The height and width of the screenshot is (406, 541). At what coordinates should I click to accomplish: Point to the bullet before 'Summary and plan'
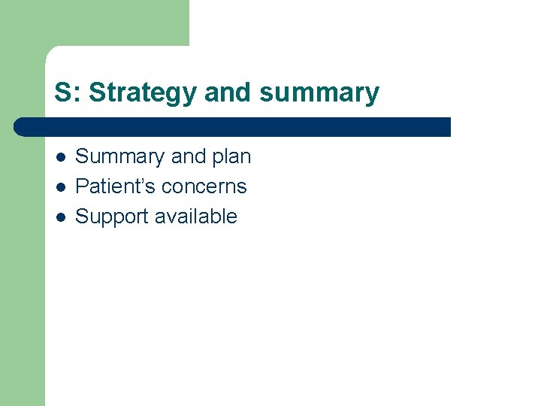(60, 157)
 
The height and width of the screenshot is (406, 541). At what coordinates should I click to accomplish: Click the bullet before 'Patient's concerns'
(60, 186)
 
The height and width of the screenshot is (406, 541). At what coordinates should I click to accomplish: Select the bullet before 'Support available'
(60, 217)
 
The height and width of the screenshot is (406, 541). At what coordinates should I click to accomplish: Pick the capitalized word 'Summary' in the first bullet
(119, 156)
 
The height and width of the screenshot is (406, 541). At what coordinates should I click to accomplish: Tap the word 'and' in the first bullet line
(188, 156)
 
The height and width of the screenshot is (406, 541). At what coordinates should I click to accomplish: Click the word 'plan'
(231, 156)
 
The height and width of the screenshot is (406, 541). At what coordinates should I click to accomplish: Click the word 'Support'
(112, 217)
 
